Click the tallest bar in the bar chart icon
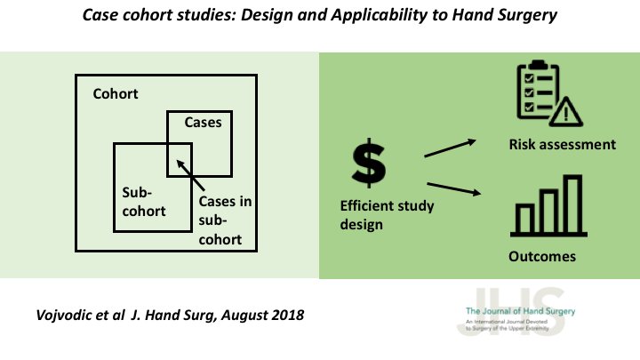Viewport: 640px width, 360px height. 572,202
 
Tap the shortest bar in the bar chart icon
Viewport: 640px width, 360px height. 524,218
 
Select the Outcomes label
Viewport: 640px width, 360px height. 542,257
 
